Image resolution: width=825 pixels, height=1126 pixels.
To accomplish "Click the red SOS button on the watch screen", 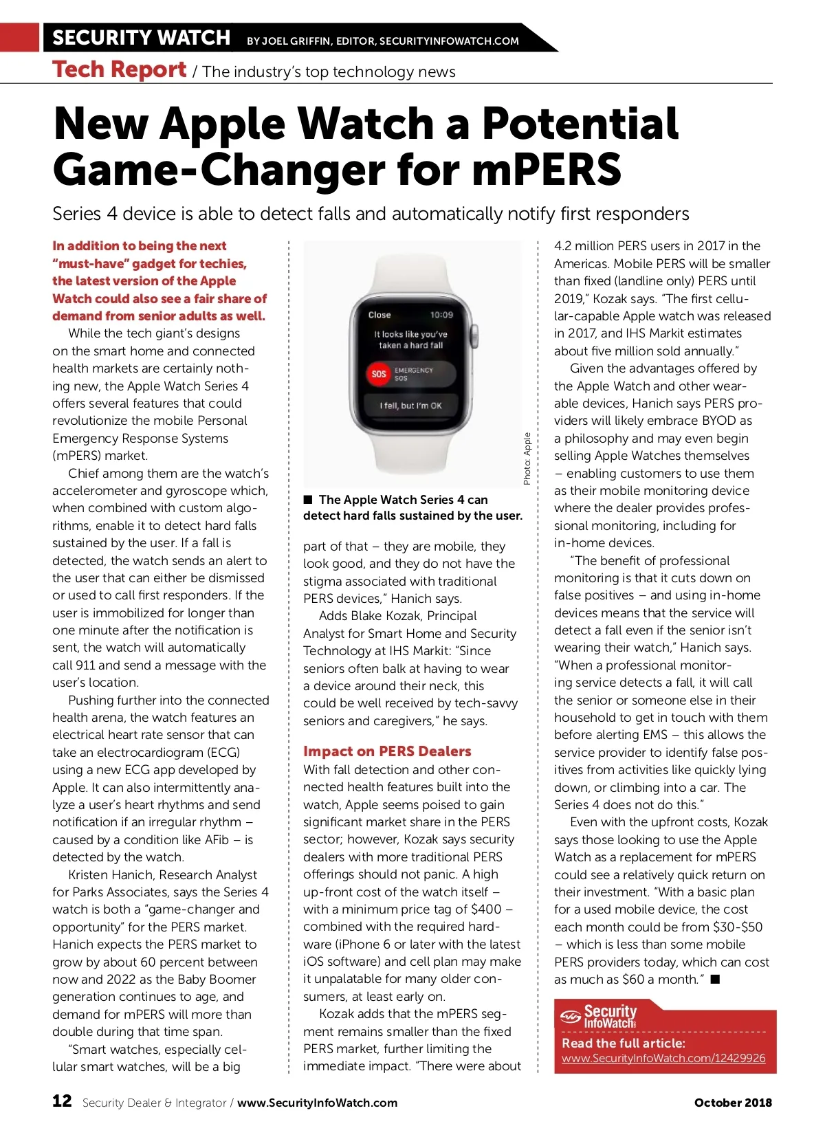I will click(379, 374).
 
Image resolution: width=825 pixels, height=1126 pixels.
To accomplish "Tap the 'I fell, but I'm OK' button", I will click(410, 406).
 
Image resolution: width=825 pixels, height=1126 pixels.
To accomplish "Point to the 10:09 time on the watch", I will click(441, 315).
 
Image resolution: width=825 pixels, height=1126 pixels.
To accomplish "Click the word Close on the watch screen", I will click(379, 315).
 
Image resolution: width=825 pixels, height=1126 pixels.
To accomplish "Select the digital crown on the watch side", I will click(474, 335).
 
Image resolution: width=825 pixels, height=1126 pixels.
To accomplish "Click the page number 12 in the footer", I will click(62, 1101).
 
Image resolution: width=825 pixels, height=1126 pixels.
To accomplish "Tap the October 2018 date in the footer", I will click(733, 1103).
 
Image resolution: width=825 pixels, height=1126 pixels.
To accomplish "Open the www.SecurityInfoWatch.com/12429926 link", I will click(663, 1058).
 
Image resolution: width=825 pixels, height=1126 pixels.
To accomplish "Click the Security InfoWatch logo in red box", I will click(599, 1016).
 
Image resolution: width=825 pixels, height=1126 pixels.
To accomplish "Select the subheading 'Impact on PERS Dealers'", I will click(387, 751).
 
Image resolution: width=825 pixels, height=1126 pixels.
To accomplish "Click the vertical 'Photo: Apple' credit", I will click(527, 458).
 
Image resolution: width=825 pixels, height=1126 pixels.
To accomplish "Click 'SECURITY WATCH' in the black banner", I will click(141, 38).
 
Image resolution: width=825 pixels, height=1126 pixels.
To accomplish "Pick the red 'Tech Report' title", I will click(119, 70).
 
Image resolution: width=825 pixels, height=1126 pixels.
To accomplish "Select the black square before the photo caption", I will click(308, 499).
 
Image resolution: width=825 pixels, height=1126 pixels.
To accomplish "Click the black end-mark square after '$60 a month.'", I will click(715, 979).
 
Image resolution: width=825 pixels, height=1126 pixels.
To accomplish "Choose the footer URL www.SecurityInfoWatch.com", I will click(317, 1103).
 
